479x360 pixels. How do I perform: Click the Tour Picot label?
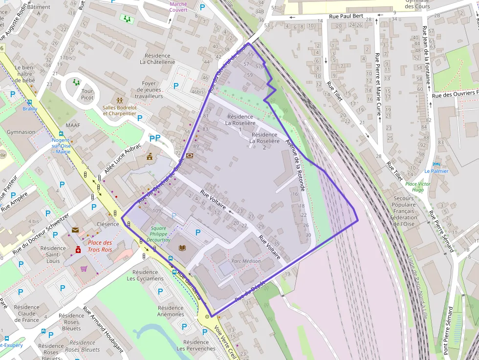click(x=87, y=94)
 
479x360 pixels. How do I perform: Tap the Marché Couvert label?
click(x=178, y=7)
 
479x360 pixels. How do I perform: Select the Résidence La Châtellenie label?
click(x=157, y=59)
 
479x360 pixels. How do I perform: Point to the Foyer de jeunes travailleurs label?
click(x=149, y=90)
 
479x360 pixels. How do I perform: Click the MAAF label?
click(x=72, y=125)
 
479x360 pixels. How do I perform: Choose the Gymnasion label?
click(x=21, y=132)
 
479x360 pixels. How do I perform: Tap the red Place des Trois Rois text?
click(x=100, y=246)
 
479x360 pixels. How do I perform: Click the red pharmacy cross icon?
click(x=78, y=250)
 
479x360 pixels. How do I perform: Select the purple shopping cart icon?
click(x=84, y=268)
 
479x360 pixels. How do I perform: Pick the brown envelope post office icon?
click(x=75, y=230)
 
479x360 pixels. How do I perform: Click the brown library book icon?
click(x=182, y=248)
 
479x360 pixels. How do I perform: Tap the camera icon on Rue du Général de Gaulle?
click(x=189, y=155)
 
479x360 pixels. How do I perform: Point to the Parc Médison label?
click(x=246, y=261)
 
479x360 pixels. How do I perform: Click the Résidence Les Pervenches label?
click(x=196, y=345)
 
